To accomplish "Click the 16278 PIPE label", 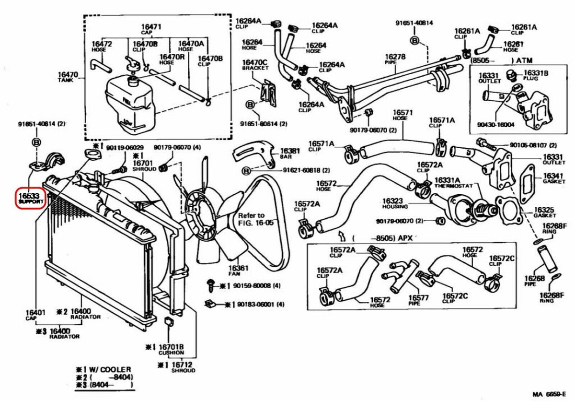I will coord(395,59).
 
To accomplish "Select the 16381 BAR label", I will coord(290,153).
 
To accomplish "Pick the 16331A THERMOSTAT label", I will coord(453,183).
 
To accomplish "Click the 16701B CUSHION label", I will coord(171,349).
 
